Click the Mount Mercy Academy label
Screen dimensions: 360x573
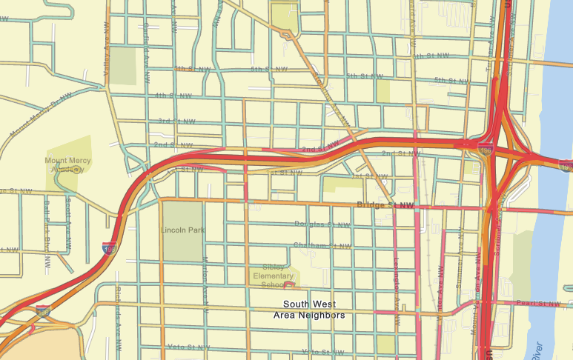67,164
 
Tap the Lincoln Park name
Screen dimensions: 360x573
182,230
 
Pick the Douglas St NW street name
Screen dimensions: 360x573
322,224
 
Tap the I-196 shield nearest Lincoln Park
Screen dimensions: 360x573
108,247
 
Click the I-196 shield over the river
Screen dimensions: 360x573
565,165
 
